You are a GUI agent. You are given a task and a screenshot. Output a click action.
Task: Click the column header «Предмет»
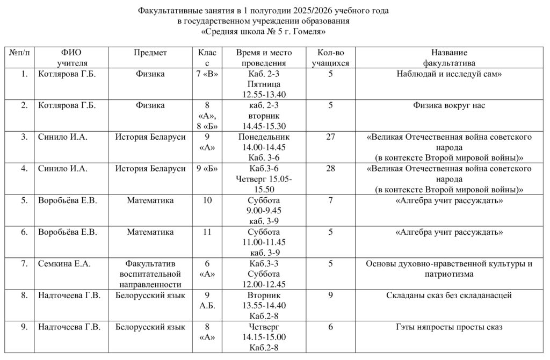[150, 53]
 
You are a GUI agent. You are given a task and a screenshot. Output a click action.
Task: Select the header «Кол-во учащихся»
[330, 57]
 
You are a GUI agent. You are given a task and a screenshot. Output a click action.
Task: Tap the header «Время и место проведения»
[264, 57]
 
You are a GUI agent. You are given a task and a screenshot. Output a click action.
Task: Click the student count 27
[330, 137]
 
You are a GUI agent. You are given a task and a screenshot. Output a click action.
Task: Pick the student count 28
[330, 169]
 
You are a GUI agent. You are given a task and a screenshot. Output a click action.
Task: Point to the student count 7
[330, 200]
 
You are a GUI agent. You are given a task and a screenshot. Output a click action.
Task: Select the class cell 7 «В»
[207, 74]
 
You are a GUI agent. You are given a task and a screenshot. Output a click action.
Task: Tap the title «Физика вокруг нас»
[449, 105]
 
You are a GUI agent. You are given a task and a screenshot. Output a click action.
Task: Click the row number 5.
[24, 200]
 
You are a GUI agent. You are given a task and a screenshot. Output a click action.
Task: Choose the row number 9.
[24, 327]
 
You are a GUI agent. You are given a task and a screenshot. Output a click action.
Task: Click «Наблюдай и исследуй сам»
[449, 74]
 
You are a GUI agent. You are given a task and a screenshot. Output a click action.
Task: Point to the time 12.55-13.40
[264, 95]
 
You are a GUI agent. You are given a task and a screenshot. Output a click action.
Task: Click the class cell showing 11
[207, 232]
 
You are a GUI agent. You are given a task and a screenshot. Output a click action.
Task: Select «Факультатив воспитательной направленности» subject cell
[150, 274]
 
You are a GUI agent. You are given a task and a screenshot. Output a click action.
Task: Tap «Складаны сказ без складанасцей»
[449, 295]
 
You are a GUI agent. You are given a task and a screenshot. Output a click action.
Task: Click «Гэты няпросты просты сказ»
[449, 327]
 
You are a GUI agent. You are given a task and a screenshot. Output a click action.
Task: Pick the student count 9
[330, 295]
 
